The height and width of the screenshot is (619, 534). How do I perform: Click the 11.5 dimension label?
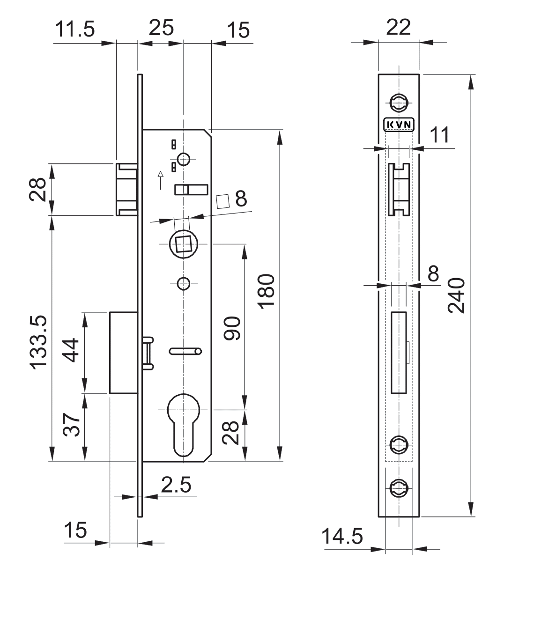pos(75,29)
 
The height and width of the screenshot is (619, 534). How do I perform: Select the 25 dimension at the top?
pos(161,28)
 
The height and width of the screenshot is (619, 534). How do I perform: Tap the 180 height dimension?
pos(266,291)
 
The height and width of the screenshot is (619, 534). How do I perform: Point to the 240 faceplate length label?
pos(456,296)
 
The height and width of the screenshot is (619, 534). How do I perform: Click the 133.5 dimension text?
pos(38,342)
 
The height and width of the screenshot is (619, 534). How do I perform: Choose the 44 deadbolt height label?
pos(70,350)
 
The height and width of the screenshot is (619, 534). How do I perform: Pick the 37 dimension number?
pos(71,425)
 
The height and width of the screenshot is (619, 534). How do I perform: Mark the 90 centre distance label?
pos(232,328)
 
